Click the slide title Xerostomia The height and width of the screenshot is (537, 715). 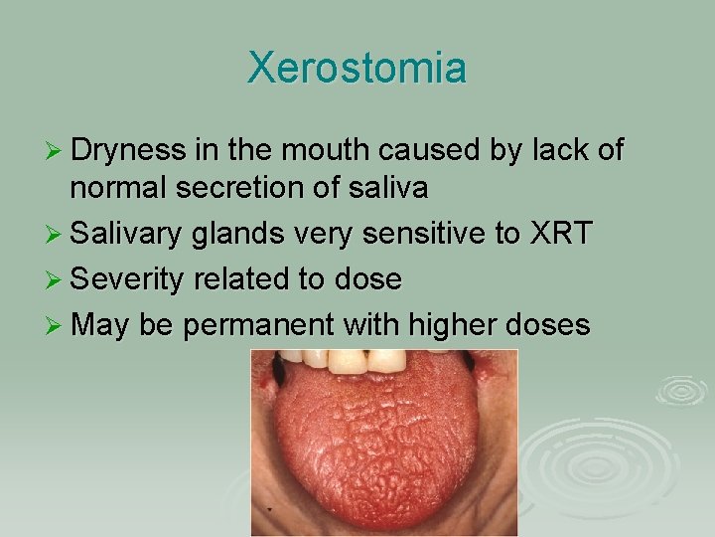[357, 69]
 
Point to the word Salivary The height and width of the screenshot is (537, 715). [126, 235]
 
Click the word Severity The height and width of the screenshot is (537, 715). [127, 279]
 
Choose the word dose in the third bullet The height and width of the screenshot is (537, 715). [368, 279]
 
